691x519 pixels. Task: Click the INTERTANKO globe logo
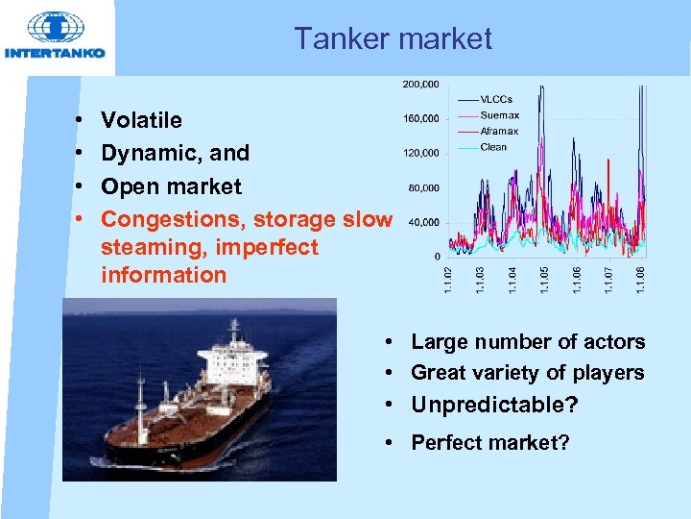tap(54, 29)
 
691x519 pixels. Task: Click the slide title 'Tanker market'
tap(393, 38)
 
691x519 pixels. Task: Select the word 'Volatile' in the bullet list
tap(141, 120)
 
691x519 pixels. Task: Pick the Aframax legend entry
tap(499, 131)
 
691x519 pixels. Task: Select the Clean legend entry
tap(493, 147)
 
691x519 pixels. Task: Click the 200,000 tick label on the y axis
tap(420, 85)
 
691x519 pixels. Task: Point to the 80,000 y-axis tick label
tap(423, 187)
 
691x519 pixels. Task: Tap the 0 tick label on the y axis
tap(438, 257)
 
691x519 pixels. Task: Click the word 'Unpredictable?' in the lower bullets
tap(494, 406)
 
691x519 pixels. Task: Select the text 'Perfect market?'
tap(489, 443)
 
